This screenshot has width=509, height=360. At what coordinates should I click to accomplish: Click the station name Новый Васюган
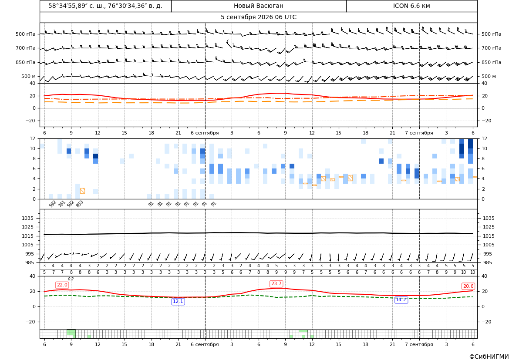point(258,6)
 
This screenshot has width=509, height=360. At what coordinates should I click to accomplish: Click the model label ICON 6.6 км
point(411,6)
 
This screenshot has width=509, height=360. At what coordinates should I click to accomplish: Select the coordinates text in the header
point(105,6)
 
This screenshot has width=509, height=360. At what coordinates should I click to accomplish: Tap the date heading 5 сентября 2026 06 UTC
point(258,17)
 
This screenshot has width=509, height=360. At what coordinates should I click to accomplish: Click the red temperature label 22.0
point(62,285)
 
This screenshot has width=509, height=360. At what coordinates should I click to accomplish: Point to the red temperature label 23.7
point(276,284)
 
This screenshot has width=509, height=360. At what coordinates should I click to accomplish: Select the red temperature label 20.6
point(468,286)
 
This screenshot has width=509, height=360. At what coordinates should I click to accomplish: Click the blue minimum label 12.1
point(178,302)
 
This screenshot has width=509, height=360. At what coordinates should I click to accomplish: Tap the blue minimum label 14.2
point(401,300)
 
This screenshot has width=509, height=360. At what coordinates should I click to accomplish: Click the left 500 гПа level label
point(26,34)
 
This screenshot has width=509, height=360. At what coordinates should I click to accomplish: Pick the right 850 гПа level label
point(492,62)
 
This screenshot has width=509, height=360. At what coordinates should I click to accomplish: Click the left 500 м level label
point(29,76)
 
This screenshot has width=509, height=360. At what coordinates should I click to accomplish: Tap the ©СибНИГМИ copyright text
point(489,357)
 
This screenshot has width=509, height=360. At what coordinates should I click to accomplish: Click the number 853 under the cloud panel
point(80,204)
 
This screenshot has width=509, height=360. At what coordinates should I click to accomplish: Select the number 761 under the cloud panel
point(62,204)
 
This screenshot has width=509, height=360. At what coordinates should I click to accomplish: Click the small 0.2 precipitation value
point(71,279)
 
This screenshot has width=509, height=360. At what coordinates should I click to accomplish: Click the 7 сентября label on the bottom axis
point(419,344)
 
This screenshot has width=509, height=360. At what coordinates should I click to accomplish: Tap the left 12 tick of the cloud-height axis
point(33,138)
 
